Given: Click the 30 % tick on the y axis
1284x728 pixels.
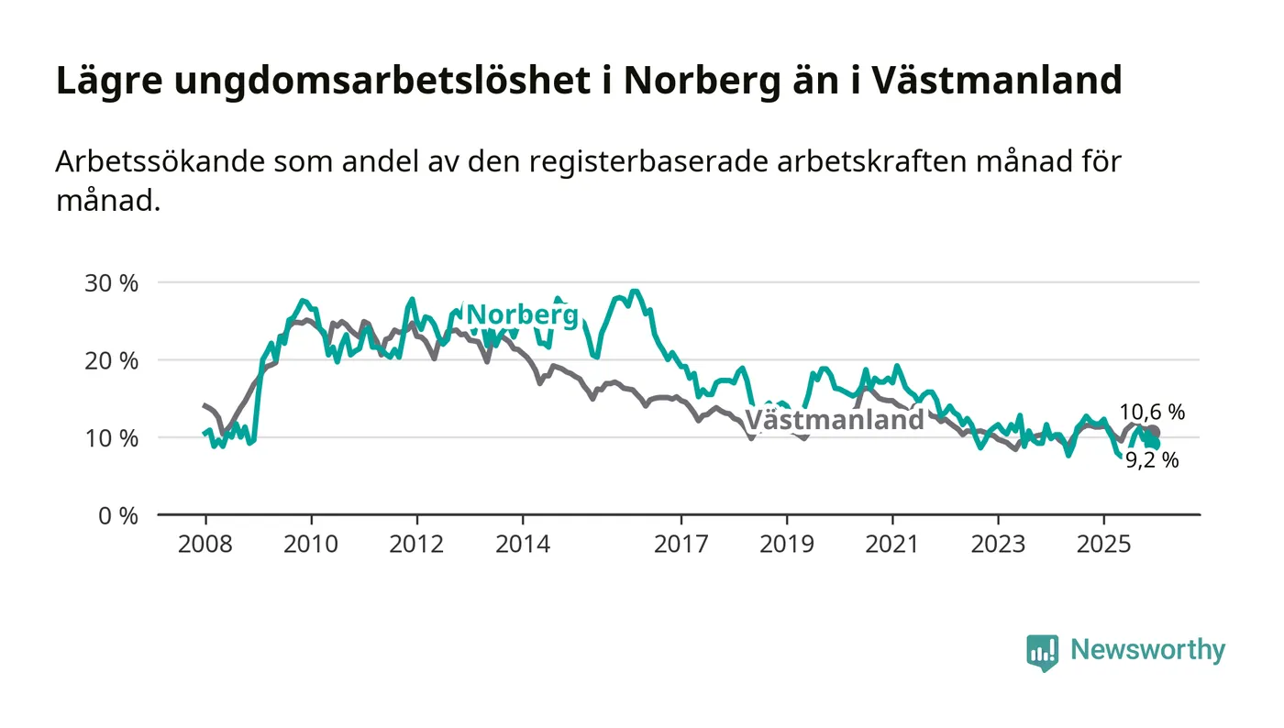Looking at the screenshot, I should pos(111,282).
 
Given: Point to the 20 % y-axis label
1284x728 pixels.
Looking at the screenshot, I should pos(111,360).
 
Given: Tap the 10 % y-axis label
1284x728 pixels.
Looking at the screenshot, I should pos(111,437).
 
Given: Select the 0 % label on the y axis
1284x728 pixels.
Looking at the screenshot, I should pos(118,515).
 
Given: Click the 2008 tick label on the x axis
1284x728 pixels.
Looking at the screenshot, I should pos(205,544).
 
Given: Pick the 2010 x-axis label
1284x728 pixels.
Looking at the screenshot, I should pos(310,544).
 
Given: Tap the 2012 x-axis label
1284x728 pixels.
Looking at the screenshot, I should pos(416,544).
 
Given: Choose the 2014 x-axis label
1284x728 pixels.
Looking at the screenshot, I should pos(522,544).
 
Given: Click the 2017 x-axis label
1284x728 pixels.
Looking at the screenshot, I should pos(681,544).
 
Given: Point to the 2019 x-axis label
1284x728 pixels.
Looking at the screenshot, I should pos(786,544).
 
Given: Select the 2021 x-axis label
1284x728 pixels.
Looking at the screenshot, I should pos(892,544).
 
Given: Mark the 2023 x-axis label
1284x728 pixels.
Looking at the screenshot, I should pos(998,544).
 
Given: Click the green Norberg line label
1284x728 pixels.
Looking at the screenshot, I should pos(523,315).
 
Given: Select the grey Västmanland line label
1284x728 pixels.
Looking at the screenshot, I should pos(834,420).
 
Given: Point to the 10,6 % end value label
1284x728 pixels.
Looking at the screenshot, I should pos(1152,413).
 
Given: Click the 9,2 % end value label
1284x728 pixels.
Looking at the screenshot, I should pos(1152,461).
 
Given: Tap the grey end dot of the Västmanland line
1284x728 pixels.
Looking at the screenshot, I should pos(1153,432).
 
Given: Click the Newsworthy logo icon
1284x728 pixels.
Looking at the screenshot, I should pos(1042,652).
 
